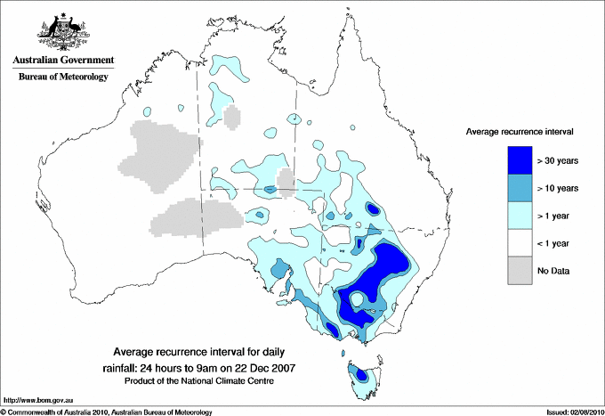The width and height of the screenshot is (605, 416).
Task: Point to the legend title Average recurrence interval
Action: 520,131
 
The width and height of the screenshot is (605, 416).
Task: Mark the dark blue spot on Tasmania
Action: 363,376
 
